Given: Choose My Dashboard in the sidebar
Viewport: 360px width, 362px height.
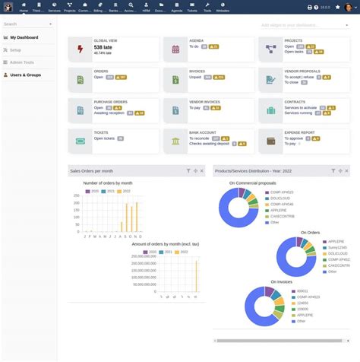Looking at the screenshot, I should point(24,37).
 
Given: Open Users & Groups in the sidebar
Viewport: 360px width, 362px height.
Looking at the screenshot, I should point(26,75).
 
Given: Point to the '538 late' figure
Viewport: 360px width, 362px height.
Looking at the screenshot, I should point(104,47).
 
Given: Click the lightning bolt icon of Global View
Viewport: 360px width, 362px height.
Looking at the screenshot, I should point(81,49).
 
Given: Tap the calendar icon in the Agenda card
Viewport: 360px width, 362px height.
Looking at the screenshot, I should point(175,49).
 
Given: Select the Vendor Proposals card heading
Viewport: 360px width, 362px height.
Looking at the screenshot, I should point(302,71).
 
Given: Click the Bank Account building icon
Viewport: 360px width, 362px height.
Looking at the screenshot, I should point(175,140).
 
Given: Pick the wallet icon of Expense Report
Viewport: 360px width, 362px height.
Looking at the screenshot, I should point(270,140).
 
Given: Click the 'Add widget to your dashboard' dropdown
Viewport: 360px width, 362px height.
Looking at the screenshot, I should point(304,24).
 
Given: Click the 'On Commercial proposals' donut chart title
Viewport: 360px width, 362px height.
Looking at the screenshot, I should point(252,183).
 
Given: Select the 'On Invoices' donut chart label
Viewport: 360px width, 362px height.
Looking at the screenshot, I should point(281,281).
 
